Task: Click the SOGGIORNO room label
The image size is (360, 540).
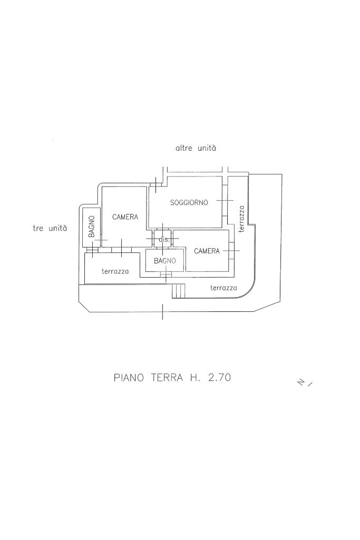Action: (189, 202)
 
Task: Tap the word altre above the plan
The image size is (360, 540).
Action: (184, 149)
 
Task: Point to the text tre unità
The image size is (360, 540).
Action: (50, 229)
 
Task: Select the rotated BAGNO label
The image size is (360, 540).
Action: (91, 226)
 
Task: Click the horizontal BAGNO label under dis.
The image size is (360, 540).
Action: (164, 261)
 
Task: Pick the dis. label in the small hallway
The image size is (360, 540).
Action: (164, 240)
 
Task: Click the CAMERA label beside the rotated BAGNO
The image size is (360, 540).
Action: (125, 217)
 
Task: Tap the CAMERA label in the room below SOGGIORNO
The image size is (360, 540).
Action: (207, 251)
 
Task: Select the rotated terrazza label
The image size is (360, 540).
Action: (241, 219)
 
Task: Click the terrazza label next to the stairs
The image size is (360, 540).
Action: (223, 288)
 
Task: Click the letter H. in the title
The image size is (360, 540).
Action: (194, 378)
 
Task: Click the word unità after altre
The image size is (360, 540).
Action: (207, 149)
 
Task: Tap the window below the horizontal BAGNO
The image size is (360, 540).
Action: (166, 274)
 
